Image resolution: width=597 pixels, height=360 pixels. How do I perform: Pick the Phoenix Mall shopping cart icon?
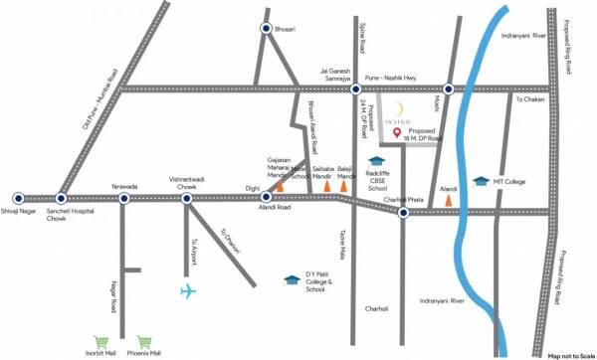tap(145, 339)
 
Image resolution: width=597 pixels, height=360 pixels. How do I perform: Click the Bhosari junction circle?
tap(267, 30)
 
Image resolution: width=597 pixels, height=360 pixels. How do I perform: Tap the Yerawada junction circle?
tap(124, 198)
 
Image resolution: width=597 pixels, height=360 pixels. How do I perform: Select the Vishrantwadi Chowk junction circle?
tap(186, 198)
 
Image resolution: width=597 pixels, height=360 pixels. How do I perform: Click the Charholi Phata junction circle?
tap(403, 211)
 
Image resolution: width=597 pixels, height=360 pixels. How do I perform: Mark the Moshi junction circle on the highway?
tap(448, 90)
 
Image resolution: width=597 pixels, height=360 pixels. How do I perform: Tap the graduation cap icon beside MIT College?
tap(482, 181)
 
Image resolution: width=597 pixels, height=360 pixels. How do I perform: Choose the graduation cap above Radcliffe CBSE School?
tap(376, 160)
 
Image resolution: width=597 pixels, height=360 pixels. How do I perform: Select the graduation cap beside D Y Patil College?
tap(291, 281)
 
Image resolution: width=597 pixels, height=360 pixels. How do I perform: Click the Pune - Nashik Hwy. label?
tap(400, 77)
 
